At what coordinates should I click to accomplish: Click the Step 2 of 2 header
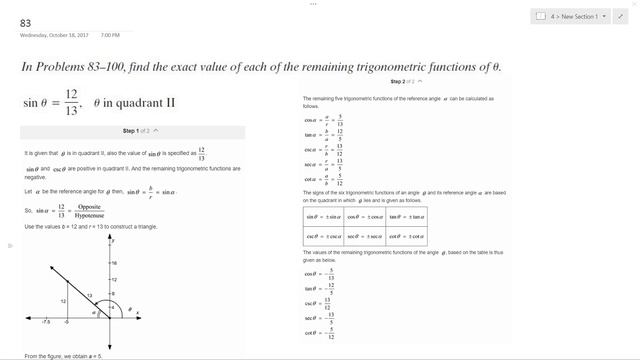click(405, 81)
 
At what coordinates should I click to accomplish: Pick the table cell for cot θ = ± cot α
click(406, 237)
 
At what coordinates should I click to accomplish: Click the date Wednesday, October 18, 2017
click(56, 35)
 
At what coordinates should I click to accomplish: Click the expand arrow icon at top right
click(620, 17)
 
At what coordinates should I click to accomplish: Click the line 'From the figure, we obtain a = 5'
click(63, 355)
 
